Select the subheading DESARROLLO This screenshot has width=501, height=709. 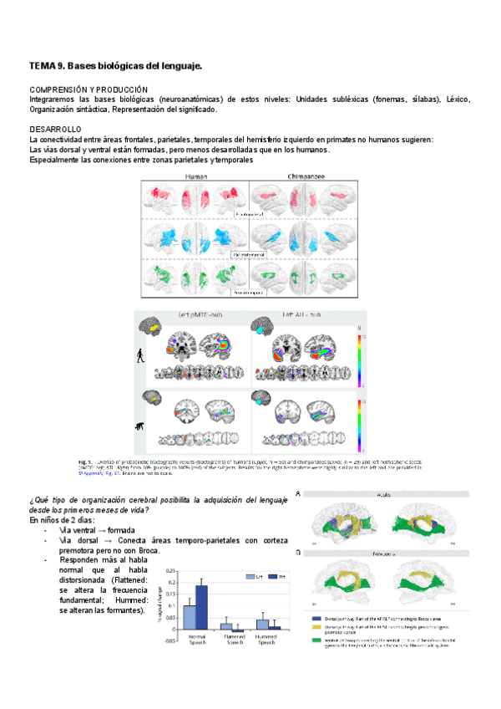[x=56, y=129]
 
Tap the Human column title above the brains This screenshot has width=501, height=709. [x=196, y=177]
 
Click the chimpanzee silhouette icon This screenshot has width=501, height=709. [x=139, y=426]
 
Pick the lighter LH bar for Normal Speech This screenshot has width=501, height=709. [x=190, y=616]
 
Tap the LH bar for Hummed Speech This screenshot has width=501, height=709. [x=262, y=624]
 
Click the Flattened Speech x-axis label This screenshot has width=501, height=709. [x=232, y=640]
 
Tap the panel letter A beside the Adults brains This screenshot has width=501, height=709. [x=298, y=494]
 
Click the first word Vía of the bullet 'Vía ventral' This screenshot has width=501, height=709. [x=67, y=530]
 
